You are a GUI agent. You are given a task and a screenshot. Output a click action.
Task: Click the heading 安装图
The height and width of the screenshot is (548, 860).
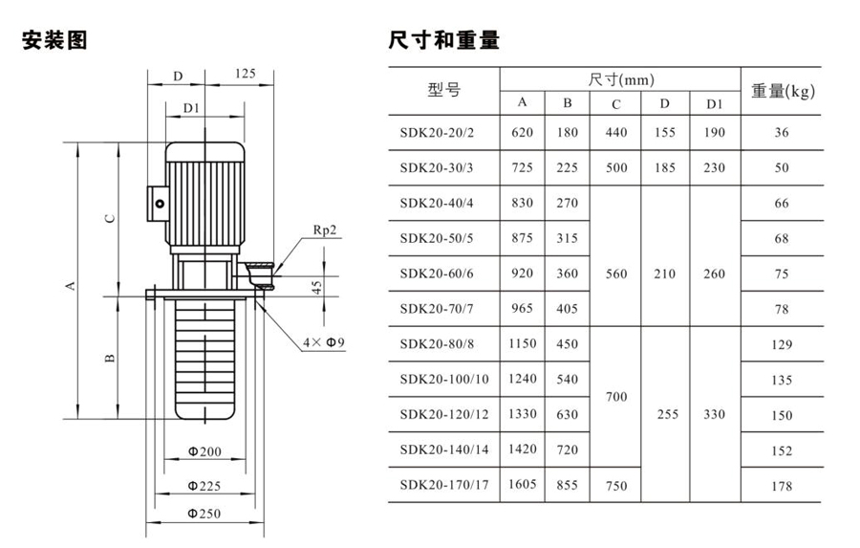point(55,41)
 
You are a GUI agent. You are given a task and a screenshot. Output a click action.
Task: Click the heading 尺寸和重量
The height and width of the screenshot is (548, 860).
point(444,41)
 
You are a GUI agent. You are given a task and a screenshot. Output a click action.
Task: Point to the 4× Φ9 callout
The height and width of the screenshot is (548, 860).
point(323,341)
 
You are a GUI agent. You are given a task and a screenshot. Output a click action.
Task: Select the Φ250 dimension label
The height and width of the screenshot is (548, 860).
point(203,514)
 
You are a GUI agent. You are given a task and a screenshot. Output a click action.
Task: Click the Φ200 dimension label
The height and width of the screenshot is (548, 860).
point(203,451)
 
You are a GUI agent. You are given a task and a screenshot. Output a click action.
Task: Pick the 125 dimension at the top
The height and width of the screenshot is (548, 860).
point(245,74)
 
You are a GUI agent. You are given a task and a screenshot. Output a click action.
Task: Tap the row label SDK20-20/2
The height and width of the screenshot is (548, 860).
point(441,133)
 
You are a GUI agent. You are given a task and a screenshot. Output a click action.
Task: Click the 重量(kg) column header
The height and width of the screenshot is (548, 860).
point(782,92)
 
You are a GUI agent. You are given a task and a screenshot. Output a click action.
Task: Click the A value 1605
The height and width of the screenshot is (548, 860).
point(523,484)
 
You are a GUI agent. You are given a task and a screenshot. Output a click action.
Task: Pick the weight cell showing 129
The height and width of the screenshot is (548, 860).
point(782,343)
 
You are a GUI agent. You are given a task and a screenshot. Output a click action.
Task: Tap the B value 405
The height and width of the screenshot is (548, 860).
point(568,308)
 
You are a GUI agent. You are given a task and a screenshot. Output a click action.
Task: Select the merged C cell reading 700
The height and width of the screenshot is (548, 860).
point(616,396)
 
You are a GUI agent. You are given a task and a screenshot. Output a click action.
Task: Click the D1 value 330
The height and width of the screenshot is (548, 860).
point(715,415)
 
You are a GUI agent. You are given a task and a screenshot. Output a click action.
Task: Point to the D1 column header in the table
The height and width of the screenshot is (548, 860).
point(714,103)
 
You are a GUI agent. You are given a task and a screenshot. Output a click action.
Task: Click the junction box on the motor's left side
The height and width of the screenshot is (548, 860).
point(157,203)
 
